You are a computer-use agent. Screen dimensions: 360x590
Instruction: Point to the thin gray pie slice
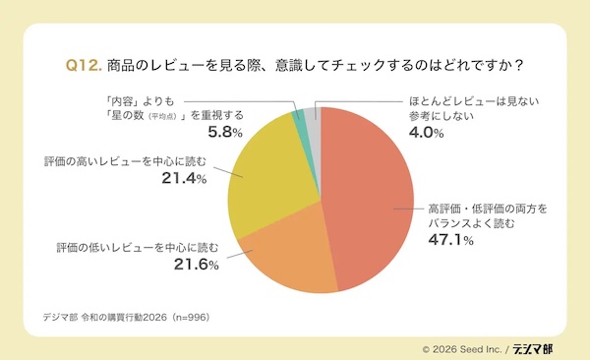tap(313, 113)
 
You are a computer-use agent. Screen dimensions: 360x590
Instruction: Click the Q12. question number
tap(83, 66)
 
